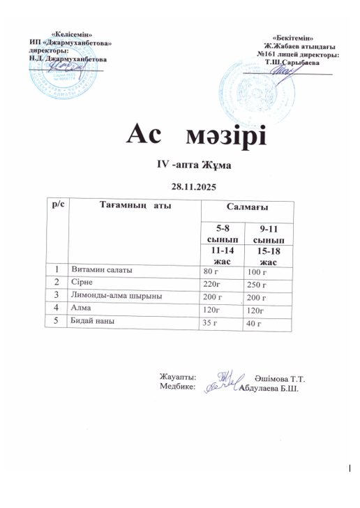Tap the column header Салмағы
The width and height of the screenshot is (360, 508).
pos(248,208)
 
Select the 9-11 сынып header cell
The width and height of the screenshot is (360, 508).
pos(269,232)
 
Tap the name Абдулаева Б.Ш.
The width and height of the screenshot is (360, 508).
pos(269,387)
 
